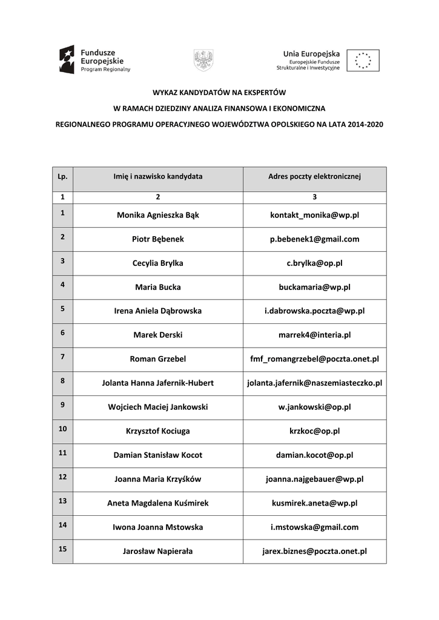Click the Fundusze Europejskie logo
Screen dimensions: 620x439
[94, 60]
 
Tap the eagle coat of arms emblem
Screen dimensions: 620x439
[203, 60]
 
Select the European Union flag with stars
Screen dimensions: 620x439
[363, 61]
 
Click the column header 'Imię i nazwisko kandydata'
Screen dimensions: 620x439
[158, 177]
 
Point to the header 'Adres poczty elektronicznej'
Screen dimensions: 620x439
[314, 177]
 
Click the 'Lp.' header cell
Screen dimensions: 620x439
[62, 177]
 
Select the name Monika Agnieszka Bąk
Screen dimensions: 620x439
[158, 215]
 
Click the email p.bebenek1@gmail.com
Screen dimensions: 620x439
[314, 239]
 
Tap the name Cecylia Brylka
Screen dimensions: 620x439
[158, 263]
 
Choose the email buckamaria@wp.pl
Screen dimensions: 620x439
[314, 287]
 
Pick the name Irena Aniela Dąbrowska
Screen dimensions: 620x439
[158, 311]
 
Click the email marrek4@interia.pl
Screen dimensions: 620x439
[314, 335]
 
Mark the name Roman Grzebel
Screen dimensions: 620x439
[158, 359]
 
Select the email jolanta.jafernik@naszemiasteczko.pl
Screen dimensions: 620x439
[314, 383]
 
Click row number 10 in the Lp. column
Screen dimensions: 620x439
[62, 429]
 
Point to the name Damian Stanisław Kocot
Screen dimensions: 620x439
[158, 455]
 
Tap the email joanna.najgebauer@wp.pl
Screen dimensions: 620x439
[314, 479]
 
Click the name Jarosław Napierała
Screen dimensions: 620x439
[158, 551]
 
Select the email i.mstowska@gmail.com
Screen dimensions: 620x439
[314, 527]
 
